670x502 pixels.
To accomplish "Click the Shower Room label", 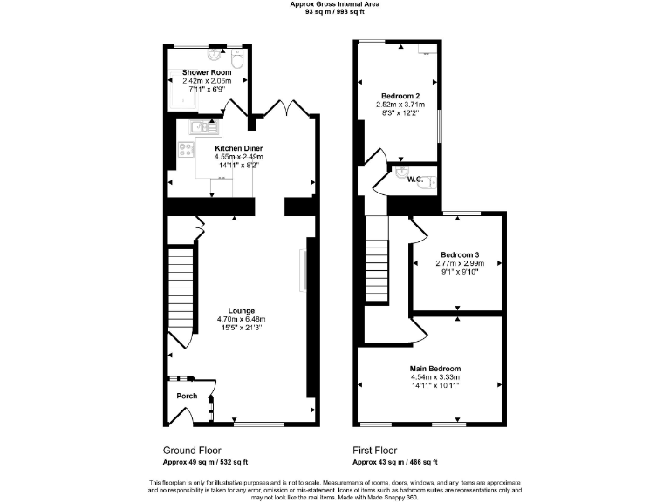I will (207, 72).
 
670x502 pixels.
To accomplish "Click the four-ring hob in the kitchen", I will (186, 149).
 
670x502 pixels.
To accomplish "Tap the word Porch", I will (187, 396).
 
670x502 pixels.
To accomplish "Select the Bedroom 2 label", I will (400, 95).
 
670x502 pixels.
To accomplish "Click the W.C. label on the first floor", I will (415, 180).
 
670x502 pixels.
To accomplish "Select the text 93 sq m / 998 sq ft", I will (335, 12).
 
